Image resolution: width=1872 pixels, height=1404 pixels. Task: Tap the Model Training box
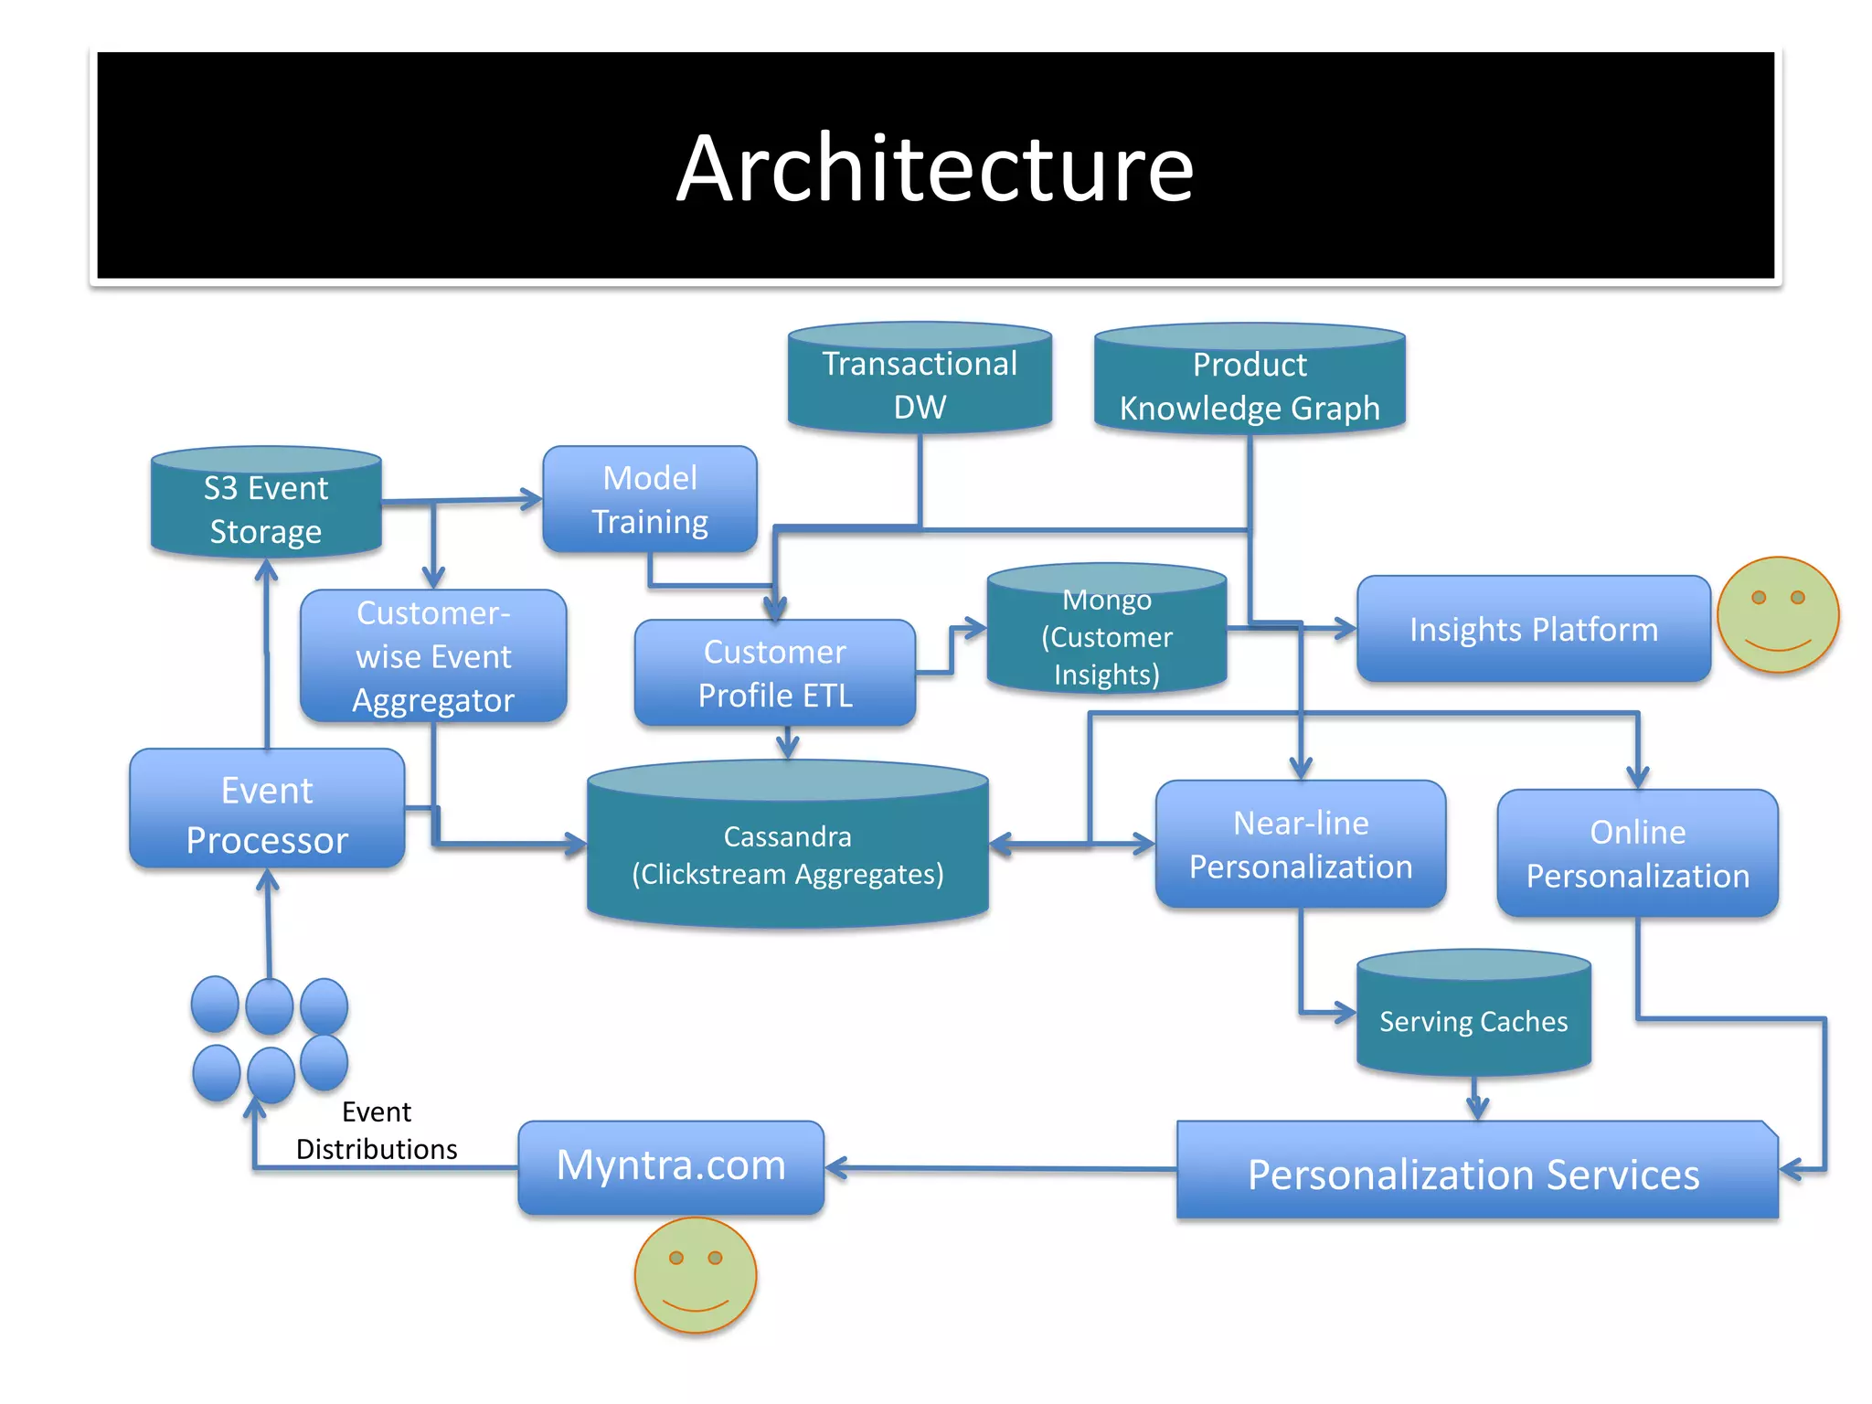(x=650, y=499)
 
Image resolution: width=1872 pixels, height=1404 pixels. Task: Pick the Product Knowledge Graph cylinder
(x=1250, y=384)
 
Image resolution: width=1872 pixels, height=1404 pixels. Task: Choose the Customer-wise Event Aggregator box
(x=433, y=656)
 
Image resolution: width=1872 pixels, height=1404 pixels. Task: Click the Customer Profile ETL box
(x=775, y=674)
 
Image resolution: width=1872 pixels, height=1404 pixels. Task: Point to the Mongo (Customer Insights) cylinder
(x=1107, y=635)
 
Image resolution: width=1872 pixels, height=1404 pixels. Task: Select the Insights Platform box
(x=1533, y=629)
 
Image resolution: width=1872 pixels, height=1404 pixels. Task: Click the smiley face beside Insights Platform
(x=1777, y=615)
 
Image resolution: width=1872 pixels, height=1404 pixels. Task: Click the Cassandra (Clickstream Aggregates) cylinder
(x=787, y=850)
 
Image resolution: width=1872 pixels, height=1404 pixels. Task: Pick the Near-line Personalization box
(x=1300, y=845)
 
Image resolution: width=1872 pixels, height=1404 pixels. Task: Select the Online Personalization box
(x=1637, y=854)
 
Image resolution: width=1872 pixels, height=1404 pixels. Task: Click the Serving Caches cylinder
(x=1473, y=1017)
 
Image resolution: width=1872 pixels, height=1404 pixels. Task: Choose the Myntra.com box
(x=671, y=1166)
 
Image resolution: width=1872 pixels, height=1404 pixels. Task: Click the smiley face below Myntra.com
(x=696, y=1275)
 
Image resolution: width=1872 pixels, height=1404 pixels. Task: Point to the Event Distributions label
(x=377, y=1131)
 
